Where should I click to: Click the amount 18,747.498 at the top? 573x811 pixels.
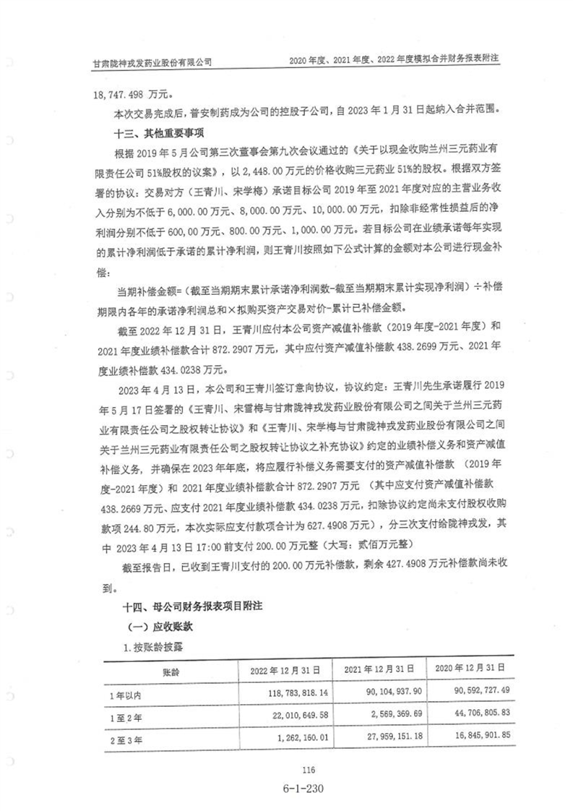point(119,94)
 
